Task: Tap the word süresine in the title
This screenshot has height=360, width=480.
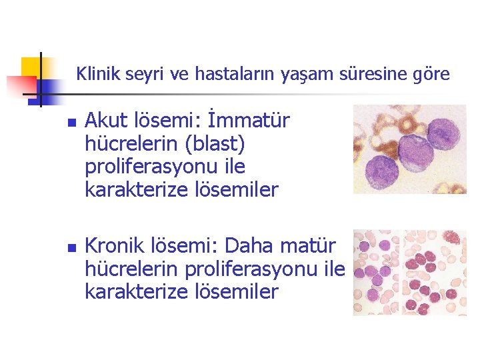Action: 375,73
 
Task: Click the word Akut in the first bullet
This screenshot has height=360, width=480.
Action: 105,121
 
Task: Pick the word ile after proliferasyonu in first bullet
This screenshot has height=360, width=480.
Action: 232,167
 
